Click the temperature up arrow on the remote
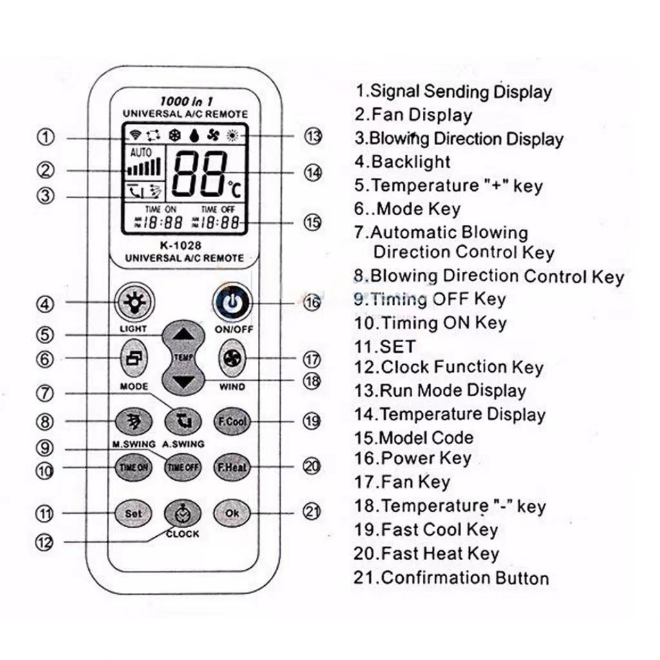click(x=184, y=335)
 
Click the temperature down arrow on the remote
click(x=184, y=382)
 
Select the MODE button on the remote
click(x=133, y=361)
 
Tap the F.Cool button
click(x=231, y=421)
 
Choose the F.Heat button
click(x=231, y=467)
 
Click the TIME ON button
click(x=133, y=467)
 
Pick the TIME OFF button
click(x=182, y=467)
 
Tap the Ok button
click(x=231, y=513)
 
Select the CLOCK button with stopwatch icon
click(x=182, y=514)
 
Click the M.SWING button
click(x=133, y=422)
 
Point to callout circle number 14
click(x=313, y=173)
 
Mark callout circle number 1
click(x=45, y=137)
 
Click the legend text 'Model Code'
click(x=425, y=438)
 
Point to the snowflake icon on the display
click(x=174, y=136)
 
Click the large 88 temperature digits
click(x=199, y=175)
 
